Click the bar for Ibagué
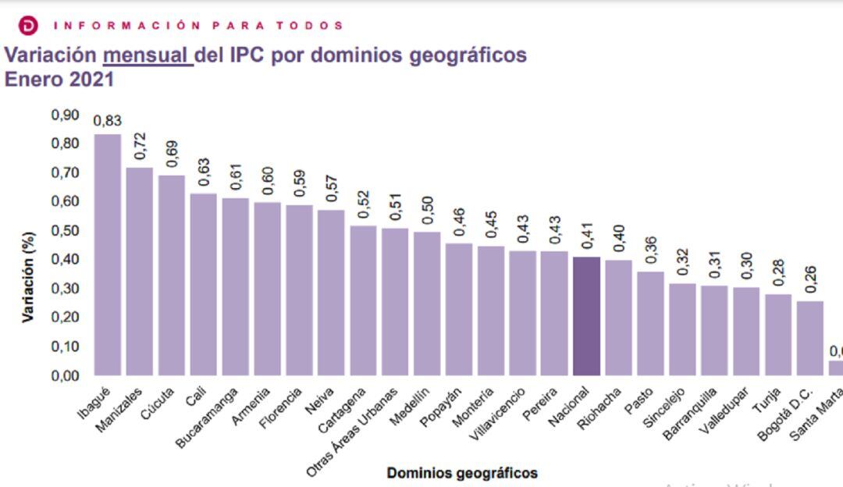point(108,254)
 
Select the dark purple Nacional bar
point(586,315)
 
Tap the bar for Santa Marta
point(834,367)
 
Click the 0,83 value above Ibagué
point(108,121)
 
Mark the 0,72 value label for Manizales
point(140,147)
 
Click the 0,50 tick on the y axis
point(66,231)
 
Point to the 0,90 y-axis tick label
point(66,116)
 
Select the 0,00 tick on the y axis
point(66,375)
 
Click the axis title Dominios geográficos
point(461,473)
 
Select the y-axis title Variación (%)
point(29,276)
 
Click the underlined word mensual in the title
point(148,56)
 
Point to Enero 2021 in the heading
point(59,80)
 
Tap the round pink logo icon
point(27,25)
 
